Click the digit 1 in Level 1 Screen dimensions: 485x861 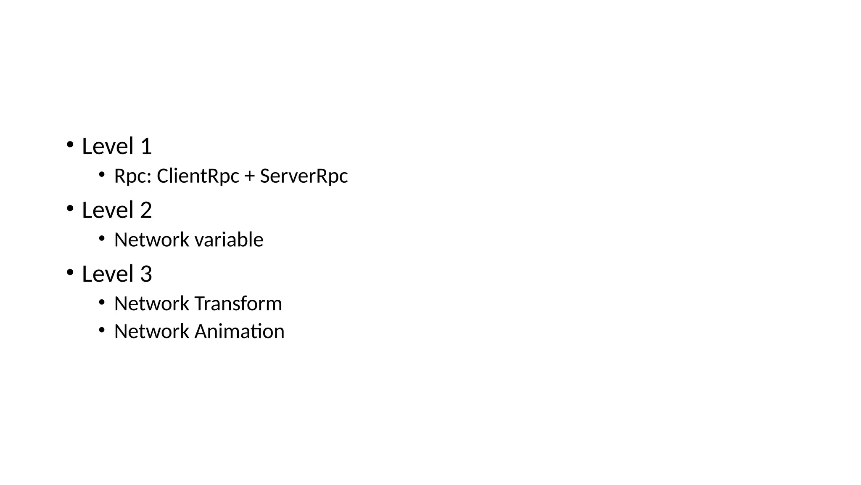point(146,147)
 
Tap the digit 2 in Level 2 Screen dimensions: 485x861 point(146,211)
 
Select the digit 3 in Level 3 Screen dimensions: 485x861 point(146,274)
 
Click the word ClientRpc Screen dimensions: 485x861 point(198,176)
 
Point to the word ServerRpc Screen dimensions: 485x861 point(304,176)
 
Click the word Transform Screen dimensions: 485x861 point(238,304)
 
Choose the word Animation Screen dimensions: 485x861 point(239,331)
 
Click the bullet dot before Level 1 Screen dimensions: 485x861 point(70,145)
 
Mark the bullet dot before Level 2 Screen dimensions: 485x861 point(70,208)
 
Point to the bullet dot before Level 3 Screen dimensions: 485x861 point(70,272)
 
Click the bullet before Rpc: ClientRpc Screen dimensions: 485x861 point(101,174)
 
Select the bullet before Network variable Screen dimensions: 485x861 point(101,238)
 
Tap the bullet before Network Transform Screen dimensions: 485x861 point(101,302)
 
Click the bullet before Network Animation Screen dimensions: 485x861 point(101,330)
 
